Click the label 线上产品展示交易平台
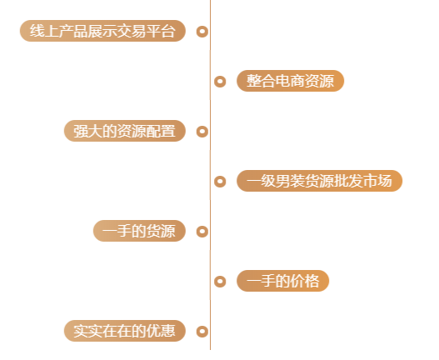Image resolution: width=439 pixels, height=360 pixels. (x=102, y=31)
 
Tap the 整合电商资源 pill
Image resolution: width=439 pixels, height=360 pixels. (x=291, y=81)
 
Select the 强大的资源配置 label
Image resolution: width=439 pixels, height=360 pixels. (x=125, y=131)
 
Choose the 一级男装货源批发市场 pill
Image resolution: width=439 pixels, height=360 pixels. (x=319, y=181)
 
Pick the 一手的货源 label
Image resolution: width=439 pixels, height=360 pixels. (x=139, y=231)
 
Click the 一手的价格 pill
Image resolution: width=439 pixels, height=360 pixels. (x=282, y=281)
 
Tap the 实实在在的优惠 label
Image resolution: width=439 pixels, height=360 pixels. (x=125, y=331)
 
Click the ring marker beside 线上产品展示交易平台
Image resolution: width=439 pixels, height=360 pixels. (x=202, y=32)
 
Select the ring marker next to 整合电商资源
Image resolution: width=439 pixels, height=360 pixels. (x=220, y=82)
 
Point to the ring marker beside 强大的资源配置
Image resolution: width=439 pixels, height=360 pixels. (x=202, y=132)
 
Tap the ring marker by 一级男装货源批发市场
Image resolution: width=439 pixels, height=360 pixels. (x=220, y=182)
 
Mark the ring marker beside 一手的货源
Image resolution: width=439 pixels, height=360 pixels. (x=202, y=232)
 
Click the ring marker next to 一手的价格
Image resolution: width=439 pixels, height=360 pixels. (x=220, y=282)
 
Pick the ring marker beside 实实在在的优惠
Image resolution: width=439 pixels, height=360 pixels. (x=202, y=332)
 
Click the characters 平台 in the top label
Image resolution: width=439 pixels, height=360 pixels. (x=161, y=31)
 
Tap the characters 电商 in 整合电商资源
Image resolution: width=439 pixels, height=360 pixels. (x=290, y=81)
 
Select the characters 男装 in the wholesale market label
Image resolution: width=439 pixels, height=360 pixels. (x=290, y=181)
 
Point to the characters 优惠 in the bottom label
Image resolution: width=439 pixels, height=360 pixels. (x=161, y=331)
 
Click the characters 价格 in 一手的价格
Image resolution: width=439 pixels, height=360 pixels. (x=305, y=281)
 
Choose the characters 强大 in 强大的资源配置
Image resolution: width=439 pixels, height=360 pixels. (x=88, y=131)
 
